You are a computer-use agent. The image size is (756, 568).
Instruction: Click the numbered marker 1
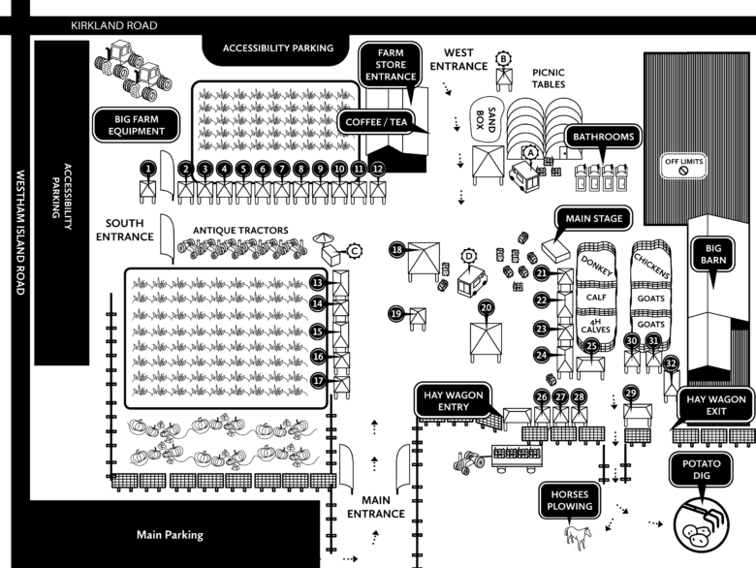click(147, 168)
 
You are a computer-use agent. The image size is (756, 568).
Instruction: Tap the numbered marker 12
click(378, 168)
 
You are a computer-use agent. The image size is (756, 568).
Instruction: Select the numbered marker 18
click(396, 250)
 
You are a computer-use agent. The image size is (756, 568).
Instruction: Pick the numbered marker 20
click(487, 307)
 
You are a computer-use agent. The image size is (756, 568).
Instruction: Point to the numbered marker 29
click(631, 393)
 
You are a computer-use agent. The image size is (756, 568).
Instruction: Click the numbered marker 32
click(671, 363)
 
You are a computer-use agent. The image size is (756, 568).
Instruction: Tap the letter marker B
click(504, 58)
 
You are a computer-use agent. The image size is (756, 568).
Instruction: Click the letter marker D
click(471, 257)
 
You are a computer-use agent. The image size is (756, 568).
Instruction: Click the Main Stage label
click(590, 217)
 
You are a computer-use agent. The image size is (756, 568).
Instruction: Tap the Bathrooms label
click(604, 137)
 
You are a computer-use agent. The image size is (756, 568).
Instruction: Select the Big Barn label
click(717, 254)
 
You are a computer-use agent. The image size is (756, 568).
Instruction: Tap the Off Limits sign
click(683, 165)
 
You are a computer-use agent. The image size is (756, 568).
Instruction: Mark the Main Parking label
click(170, 534)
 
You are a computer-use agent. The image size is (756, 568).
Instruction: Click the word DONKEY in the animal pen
click(598, 274)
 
